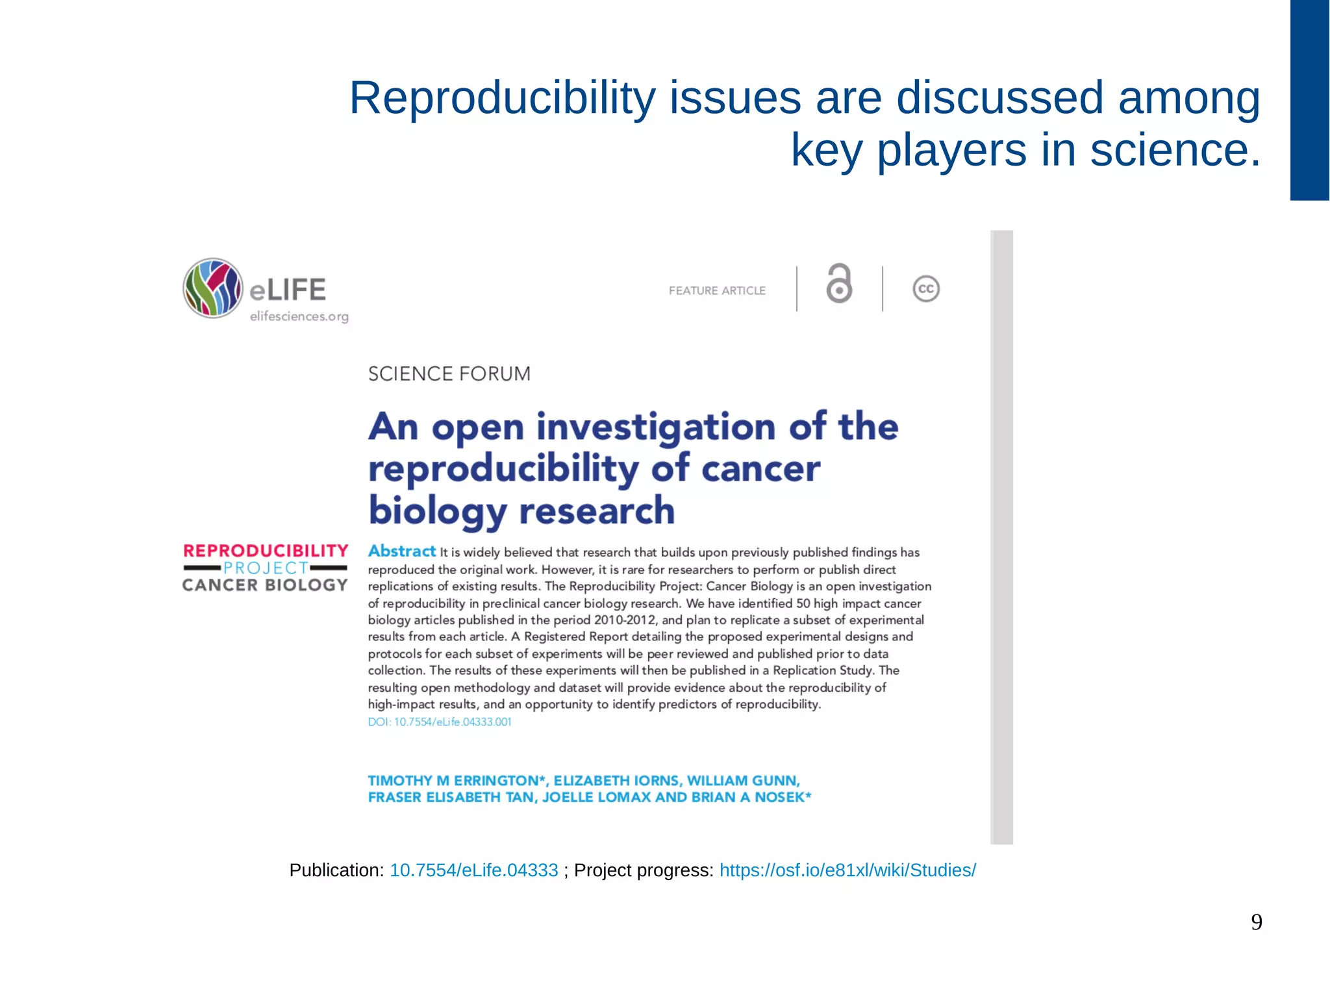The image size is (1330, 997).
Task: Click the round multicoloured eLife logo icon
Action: click(213, 288)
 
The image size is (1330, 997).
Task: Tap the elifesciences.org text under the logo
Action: click(299, 317)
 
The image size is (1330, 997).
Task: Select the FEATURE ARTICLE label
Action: click(717, 291)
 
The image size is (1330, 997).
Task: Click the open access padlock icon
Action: click(839, 284)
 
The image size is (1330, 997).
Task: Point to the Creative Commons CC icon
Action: click(926, 289)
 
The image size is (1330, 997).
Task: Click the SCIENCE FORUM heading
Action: click(449, 374)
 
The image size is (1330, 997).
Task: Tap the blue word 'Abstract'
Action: click(402, 551)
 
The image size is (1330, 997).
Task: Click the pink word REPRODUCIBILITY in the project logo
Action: click(266, 551)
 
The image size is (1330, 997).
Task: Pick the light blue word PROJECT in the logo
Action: click(266, 568)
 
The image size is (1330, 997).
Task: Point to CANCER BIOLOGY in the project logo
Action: click(265, 585)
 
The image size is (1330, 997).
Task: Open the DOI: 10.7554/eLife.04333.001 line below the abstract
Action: click(440, 722)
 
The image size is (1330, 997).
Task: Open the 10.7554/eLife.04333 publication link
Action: click(473, 870)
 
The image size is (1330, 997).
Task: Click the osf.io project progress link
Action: click(847, 870)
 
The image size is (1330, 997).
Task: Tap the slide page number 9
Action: click(1257, 922)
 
